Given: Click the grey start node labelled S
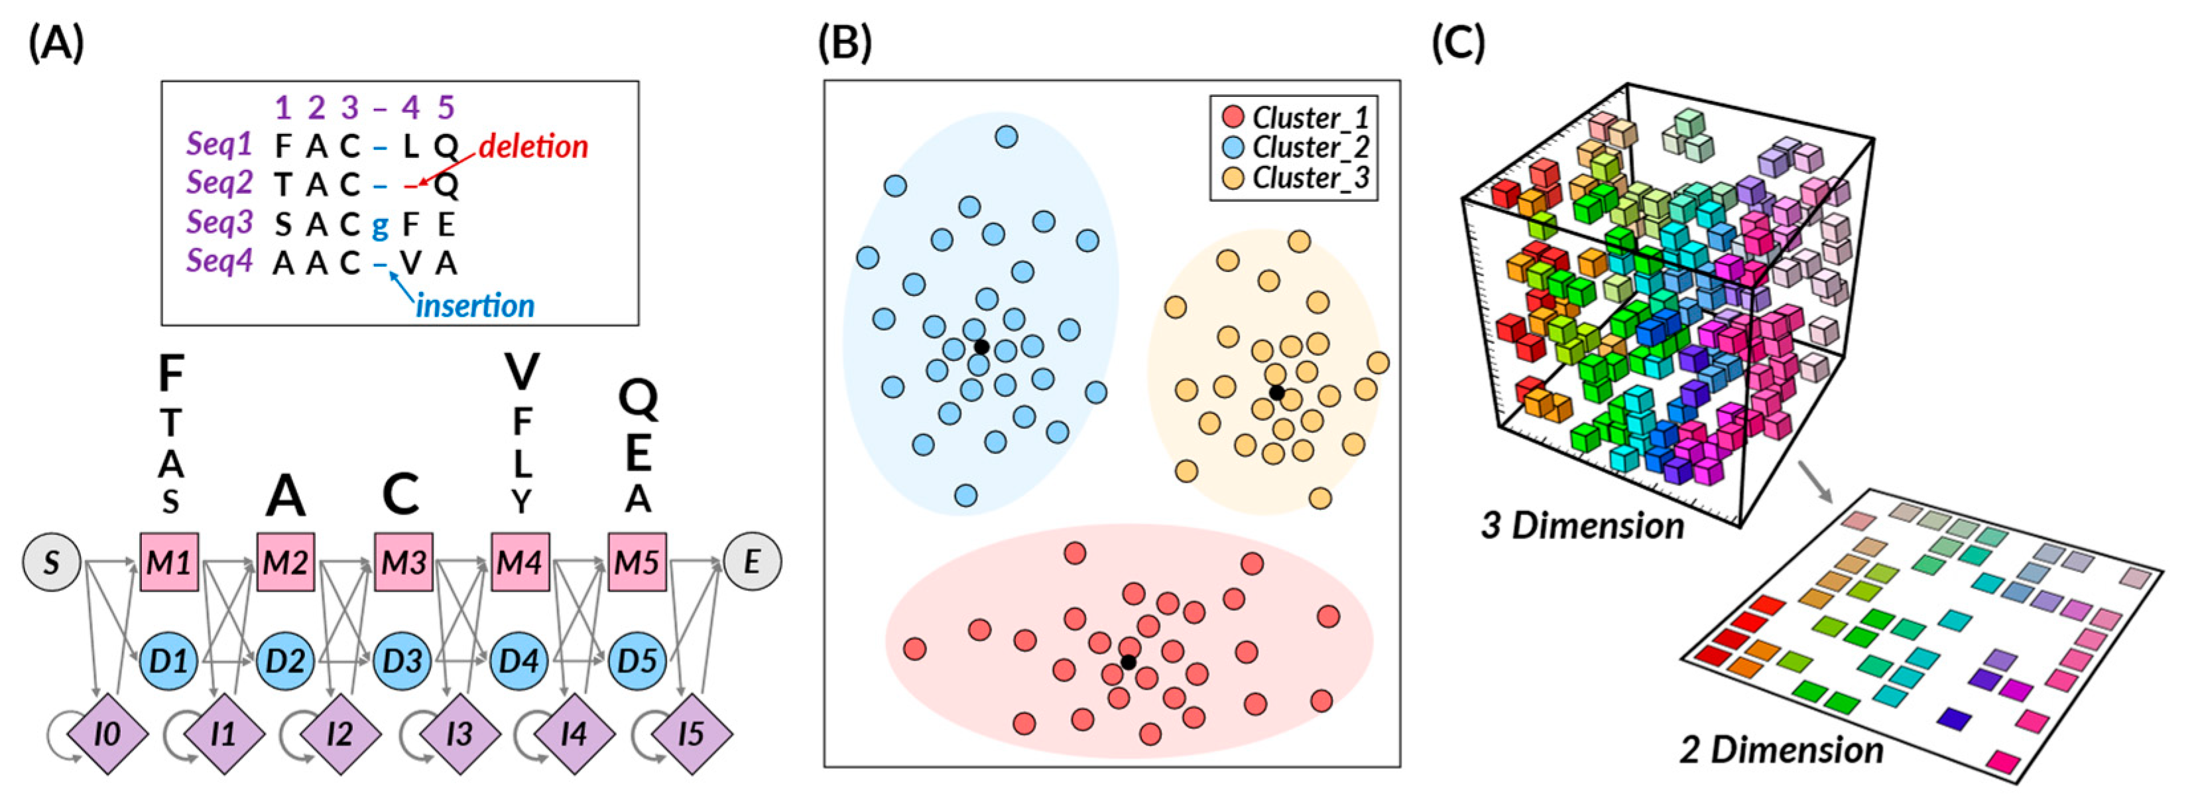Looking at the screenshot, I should [52, 563].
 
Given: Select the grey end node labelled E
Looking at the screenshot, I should [753, 563].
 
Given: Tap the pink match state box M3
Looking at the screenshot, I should [403, 563].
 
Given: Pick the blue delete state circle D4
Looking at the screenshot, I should [520, 661].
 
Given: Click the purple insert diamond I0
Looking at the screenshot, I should [107, 734].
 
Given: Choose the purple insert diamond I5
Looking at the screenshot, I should [691, 734].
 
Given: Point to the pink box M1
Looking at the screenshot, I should [169, 563].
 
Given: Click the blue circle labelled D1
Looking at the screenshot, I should [169, 661].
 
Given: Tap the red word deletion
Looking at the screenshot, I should [534, 147].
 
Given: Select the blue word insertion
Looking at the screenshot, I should [475, 306].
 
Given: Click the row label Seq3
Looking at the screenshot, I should [219, 223].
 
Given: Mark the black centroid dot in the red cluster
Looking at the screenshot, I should [1128, 662].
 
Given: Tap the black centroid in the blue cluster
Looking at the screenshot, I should [981, 347].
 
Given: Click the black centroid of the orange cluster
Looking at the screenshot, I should [1276, 392].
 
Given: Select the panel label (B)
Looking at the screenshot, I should [845, 42].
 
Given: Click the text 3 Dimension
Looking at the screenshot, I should [1583, 525].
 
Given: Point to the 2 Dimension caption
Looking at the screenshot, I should [1781, 750].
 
